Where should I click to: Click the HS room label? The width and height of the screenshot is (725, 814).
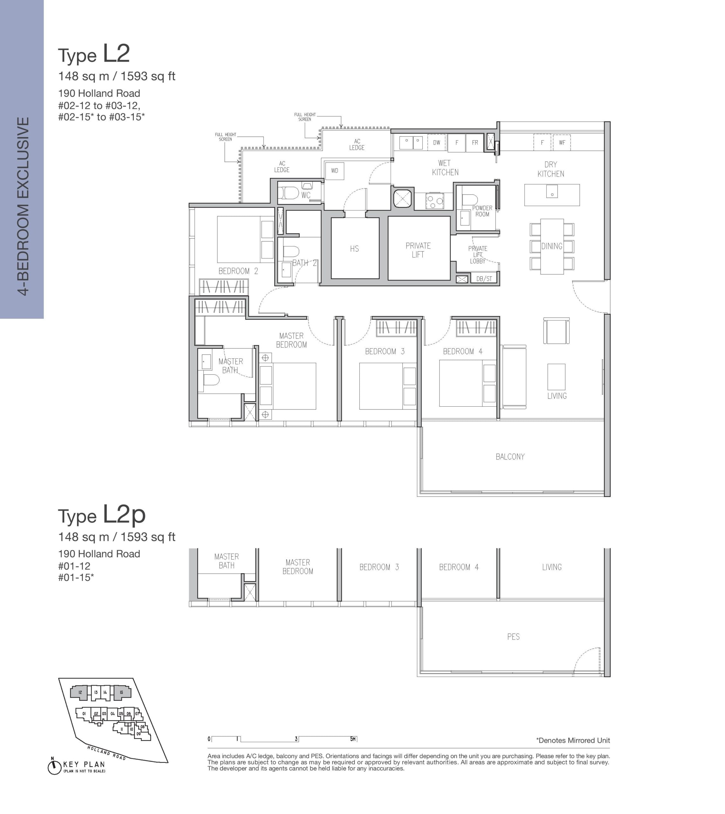pyautogui.click(x=354, y=249)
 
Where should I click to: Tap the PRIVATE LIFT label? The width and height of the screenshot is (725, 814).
pyautogui.click(x=418, y=250)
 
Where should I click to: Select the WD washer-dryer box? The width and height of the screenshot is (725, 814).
pyautogui.click(x=334, y=171)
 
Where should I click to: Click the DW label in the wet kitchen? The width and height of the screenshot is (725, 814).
pyautogui.click(x=437, y=142)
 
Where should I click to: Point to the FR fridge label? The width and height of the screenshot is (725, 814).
pyautogui.click(x=475, y=142)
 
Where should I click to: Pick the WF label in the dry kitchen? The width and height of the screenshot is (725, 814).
pyautogui.click(x=562, y=142)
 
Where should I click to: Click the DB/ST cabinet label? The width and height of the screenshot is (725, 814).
pyautogui.click(x=484, y=279)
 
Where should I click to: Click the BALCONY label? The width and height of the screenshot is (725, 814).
pyautogui.click(x=510, y=457)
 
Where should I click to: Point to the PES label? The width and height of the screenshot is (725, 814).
pyautogui.click(x=513, y=637)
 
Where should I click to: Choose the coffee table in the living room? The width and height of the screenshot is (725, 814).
pyautogui.click(x=556, y=376)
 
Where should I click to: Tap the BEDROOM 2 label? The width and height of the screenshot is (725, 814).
pyautogui.click(x=238, y=271)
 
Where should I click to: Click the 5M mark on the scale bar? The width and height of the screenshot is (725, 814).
pyautogui.click(x=353, y=739)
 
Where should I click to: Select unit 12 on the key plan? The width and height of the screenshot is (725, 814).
pyautogui.click(x=80, y=693)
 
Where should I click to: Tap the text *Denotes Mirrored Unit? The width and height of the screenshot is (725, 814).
pyautogui.click(x=573, y=740)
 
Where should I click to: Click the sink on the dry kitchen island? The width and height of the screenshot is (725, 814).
pyautogui.click(x=552, y=191)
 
